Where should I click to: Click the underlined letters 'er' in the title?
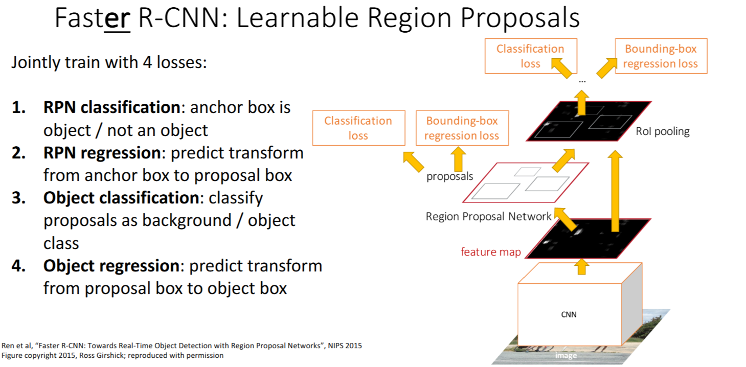tap(117, 19)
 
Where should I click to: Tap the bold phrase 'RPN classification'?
tap(111, 107)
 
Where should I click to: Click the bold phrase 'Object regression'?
tap(111, 266)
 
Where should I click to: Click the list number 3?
tap(18, 198)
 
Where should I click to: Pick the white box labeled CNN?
tap(569, 314)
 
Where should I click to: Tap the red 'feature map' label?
tap(490, 251)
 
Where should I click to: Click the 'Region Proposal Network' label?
tap(488, 217)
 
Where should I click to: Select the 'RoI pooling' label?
tap(663, 131)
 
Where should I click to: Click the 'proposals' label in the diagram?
tap(449, 177)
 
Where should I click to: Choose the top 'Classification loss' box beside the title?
tap(530, 56)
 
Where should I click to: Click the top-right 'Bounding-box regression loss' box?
tap(660, 56)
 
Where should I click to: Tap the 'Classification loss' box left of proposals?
tap(358, 128)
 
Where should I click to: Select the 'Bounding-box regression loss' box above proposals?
tap(462, 128)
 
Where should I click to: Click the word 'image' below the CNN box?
tap(566, 355)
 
